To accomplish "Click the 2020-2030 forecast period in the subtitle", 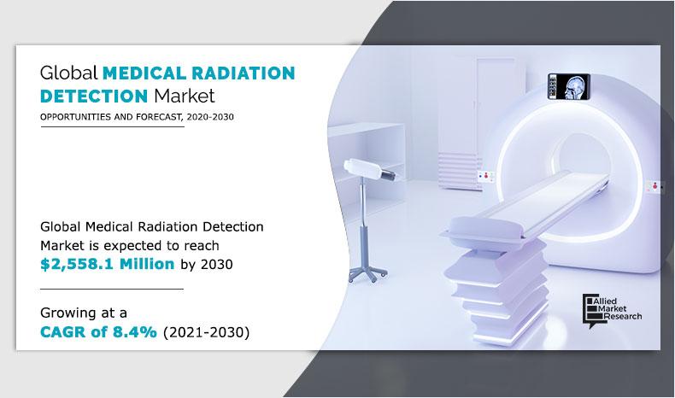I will [x=208, y=117].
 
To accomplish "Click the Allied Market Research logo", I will [x=611, y=308].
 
